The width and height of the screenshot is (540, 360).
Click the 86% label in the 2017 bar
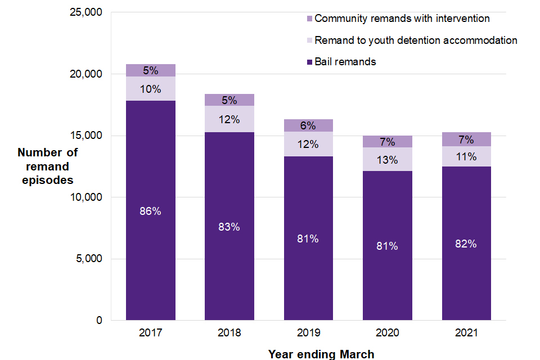[x=150, y=211]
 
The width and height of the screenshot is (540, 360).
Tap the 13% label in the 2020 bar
[x=387, y=160]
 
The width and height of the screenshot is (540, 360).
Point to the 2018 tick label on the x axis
[x=229, y=333]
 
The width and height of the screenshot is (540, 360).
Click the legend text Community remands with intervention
[x=402, y=19]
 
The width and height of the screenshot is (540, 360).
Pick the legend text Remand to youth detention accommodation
[x=416, y=40]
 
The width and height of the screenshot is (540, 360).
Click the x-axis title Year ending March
[x=321, y=354]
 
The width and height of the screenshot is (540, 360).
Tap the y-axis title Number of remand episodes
[x=48, y=166]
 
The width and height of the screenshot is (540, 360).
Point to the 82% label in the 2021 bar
[x=466, y=244]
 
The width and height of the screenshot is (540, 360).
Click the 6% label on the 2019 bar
[x=308, y=125]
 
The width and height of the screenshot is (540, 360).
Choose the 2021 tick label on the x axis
[x=466, y=333]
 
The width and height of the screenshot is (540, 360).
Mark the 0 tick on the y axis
[x=100, y=321]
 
